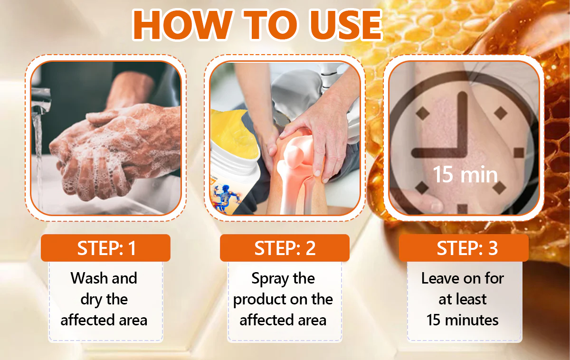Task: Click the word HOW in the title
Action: (182, 25)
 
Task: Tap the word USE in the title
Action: (345, 25)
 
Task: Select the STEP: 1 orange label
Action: (105, 248)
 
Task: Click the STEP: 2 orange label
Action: (285, 248)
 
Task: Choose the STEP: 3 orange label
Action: (464, 248)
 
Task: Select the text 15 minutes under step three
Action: (462, 320)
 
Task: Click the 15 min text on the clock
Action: (465, 174)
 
